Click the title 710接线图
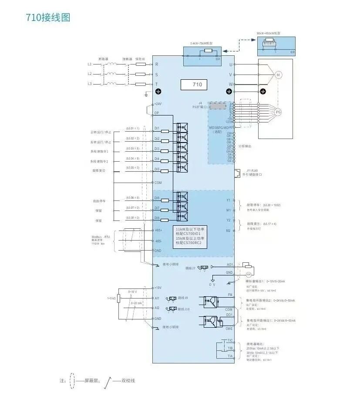click(48, 17)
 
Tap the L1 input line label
click(90, 64)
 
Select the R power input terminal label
click(157, 64)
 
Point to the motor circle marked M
click(278, 75)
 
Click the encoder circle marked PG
click(279, 112)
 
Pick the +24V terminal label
click(158, 104)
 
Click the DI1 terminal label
click(157, 129)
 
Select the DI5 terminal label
click(157, 169)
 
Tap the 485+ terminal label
click(158, 230)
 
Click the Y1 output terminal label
click(229, 200)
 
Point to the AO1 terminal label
click(230, 265)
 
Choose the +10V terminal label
click(158, 288)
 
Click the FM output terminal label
click(230, 295)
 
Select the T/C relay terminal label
click(230, 340)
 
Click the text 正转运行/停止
click(101, 132)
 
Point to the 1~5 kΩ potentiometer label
click(111, 298)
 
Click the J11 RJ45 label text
click(252, 170)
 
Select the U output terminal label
click(231, 64)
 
